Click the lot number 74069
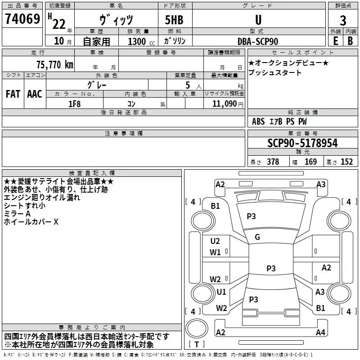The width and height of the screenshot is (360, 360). (x=22, y=18)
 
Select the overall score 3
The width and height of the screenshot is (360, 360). (x=343, y=20)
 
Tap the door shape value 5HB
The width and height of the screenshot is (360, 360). (x=174, y=20)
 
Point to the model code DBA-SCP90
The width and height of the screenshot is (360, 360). (x=258, y=41)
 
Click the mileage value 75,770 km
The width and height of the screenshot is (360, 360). (x=55, y=64)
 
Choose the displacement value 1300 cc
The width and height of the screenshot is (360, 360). (x=141, y=41)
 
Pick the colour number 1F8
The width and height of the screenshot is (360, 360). (x=74, y=104)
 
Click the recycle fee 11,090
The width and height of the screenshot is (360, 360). (x=225, y=104)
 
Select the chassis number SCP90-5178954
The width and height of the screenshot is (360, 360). (x=302, y=143)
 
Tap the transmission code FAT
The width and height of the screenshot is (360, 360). (x=13, y=94)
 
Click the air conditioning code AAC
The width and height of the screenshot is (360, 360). (x=35, y=94)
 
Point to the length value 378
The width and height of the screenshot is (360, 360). (x=273, y=162)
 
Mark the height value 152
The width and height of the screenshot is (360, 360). (x=346, y=162)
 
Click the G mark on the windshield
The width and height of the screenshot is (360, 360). (x=257, y=237)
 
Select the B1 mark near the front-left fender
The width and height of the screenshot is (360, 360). (x=215, y=206)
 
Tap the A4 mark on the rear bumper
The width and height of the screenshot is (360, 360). (x=320, y=332)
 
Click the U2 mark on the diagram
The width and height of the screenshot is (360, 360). (x=215, y=241)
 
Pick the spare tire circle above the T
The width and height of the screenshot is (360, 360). (x=197, y=328)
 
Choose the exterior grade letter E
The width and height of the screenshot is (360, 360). (x=336, y=41)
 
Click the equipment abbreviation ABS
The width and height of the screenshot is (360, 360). (x=258, y=121)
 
